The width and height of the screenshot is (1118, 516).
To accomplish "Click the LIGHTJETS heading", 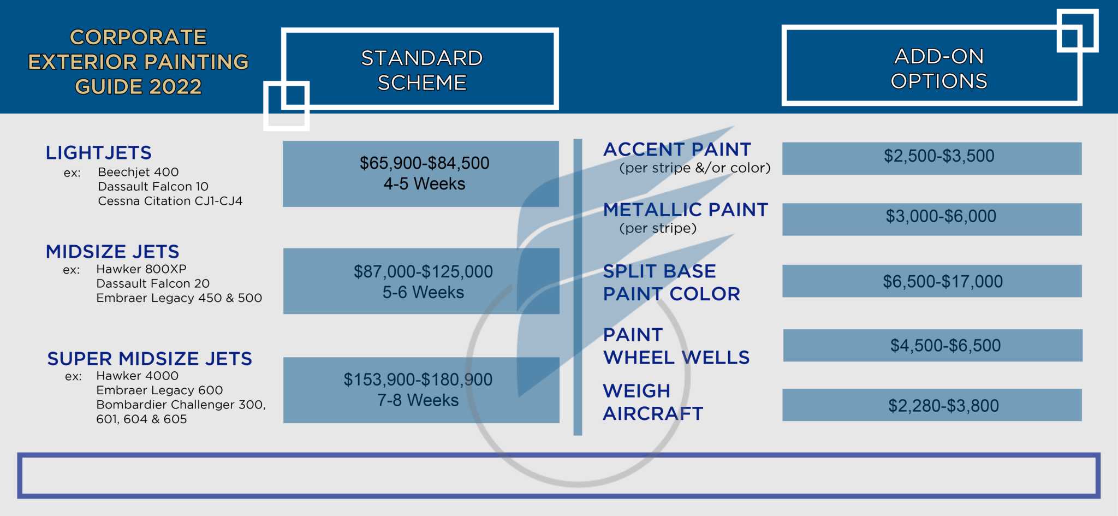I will click(99, 153).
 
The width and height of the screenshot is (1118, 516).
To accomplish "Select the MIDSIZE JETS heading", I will click(112, 252).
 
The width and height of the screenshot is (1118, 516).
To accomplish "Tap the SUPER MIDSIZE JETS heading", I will click(150, 359).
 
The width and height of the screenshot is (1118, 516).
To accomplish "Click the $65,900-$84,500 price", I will click(424, 163).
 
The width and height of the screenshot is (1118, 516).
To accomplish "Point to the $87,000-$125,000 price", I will click(423, 272).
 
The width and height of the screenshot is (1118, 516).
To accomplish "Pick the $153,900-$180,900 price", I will click(418, 380).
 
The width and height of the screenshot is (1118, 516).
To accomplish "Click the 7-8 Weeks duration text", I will click(418, 401).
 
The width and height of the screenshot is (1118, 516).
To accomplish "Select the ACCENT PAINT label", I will click(677, 150).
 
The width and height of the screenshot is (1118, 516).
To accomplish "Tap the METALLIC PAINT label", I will click(686, 210).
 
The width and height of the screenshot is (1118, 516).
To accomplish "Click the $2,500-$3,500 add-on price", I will click(939, 156).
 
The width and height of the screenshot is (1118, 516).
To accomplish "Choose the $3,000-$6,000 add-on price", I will click(941, 217).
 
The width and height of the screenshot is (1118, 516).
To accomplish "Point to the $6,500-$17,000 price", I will click(943, 282).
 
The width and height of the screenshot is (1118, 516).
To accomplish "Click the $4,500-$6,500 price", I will click(945, 346).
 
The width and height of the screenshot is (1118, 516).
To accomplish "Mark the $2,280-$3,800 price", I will click(943, 406).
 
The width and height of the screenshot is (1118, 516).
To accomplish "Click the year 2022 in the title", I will click(175, 87).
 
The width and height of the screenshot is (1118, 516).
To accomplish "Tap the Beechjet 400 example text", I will click(138, 173).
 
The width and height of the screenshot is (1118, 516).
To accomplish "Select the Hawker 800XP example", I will click(141, 269).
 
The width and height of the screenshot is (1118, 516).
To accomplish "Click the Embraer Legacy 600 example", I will click(159, 390).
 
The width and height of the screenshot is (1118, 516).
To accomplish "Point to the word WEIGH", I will click(637, 391).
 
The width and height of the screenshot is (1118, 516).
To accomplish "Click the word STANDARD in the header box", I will click(421, 58).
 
